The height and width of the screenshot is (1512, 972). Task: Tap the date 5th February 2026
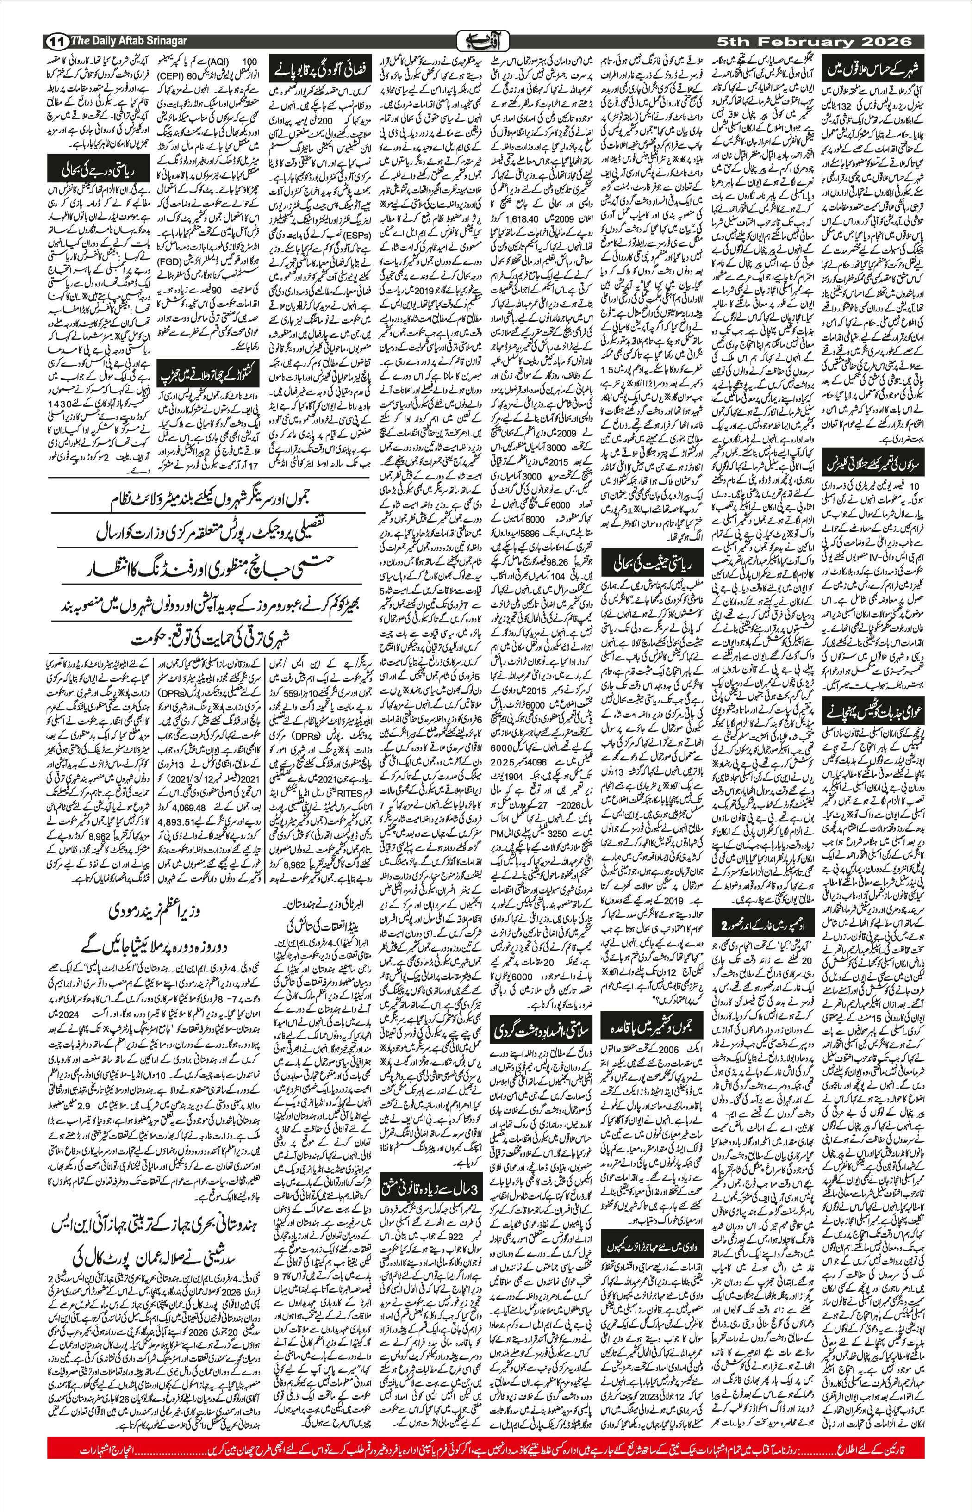(x=814, y=42)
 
